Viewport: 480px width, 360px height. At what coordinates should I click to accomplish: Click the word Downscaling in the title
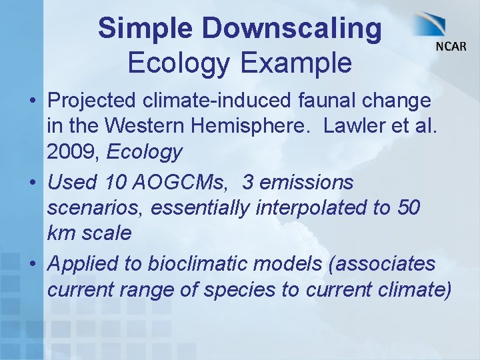[293, 29]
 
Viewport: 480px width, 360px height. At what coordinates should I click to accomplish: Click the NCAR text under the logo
[451, 46]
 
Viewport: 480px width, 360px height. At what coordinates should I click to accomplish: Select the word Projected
[93, 101]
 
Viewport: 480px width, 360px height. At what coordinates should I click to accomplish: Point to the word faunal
[318, 101]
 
